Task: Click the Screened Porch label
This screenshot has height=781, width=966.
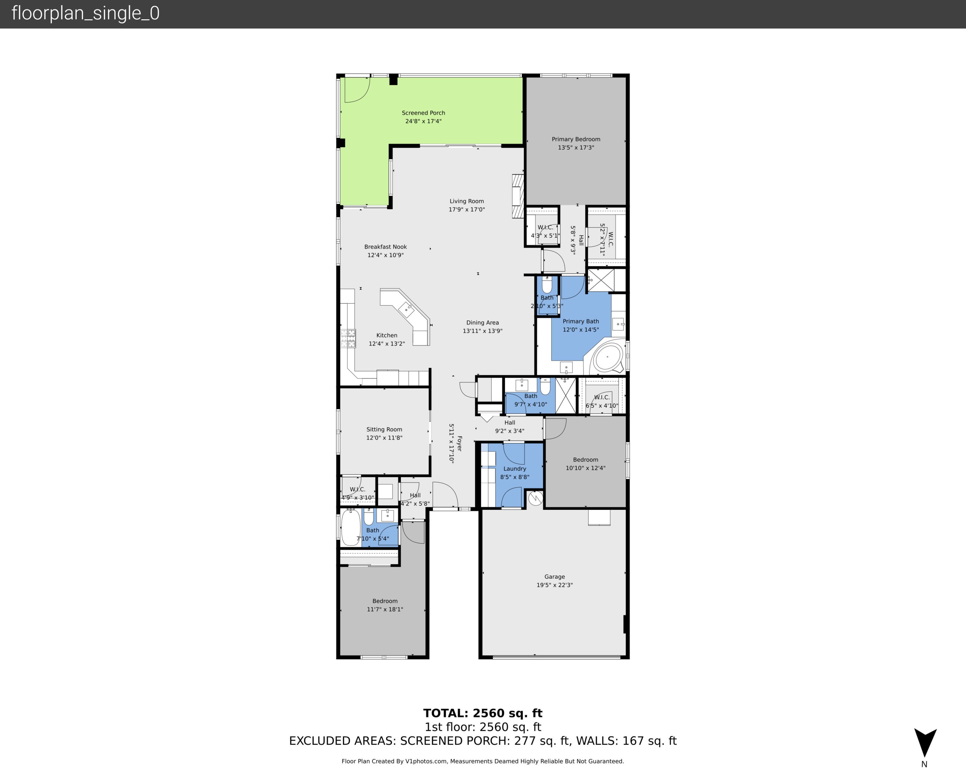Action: (423, 113)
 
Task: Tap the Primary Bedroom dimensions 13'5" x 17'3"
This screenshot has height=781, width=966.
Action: (576, 148)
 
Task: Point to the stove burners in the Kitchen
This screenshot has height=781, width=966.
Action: (348, 339)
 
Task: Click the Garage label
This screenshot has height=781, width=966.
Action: (554, 577)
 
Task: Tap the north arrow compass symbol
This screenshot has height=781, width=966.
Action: (925, 743)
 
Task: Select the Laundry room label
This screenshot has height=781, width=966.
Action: (515, 469)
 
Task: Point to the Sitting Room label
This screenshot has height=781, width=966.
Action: (384, 430)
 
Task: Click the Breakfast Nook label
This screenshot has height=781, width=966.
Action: (385, 247)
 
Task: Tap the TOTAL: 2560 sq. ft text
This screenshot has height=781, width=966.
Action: (483, 713)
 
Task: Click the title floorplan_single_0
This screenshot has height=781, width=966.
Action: (85, 14)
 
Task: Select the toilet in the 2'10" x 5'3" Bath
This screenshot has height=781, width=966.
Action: (547, 285)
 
